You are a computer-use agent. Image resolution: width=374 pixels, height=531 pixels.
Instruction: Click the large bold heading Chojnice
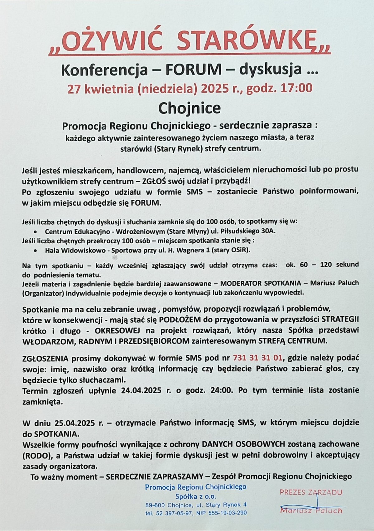[189, 108]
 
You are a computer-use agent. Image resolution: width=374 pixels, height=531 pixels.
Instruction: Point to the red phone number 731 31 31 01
[258, 357]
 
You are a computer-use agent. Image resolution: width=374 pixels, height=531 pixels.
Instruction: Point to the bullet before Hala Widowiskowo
[36, 250]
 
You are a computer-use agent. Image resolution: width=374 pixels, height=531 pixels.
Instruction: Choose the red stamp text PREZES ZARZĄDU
[311, 493]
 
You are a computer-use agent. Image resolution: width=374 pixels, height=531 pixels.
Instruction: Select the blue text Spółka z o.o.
[196, 496]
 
